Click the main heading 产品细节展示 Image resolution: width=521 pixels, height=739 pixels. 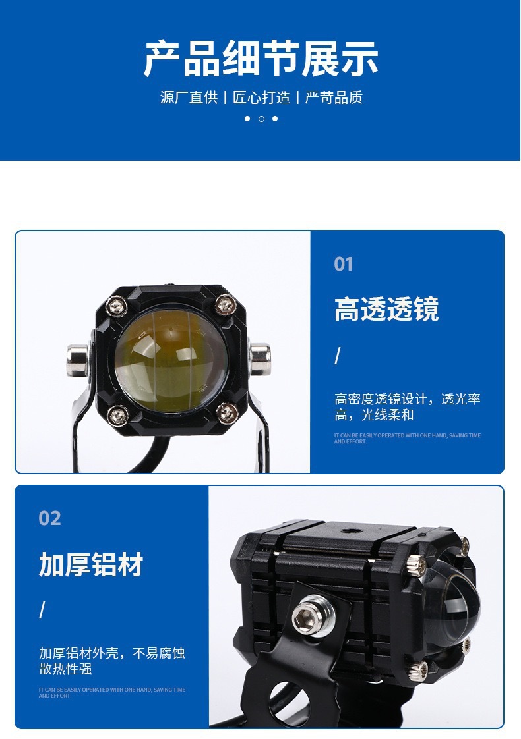[260, 59]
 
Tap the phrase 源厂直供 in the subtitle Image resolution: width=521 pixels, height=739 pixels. [189, 97]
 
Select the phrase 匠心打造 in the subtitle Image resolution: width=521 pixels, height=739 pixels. [261, 97]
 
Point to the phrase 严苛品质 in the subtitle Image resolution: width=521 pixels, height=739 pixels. [334, 97]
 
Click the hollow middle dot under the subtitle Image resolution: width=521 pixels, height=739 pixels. [261, 119]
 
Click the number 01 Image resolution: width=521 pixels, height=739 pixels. [344, 265]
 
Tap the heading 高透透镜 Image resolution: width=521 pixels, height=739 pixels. [386, 310]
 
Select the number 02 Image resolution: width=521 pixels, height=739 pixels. [49, 518]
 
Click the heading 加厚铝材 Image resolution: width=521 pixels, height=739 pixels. [91, 565]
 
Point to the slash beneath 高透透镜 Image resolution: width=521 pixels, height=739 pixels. [338, 356]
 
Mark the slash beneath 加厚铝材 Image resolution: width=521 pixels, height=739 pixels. [42, 611]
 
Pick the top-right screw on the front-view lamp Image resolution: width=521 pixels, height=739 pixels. [226, 304]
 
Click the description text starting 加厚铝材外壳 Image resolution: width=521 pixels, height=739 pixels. [111, 661]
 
